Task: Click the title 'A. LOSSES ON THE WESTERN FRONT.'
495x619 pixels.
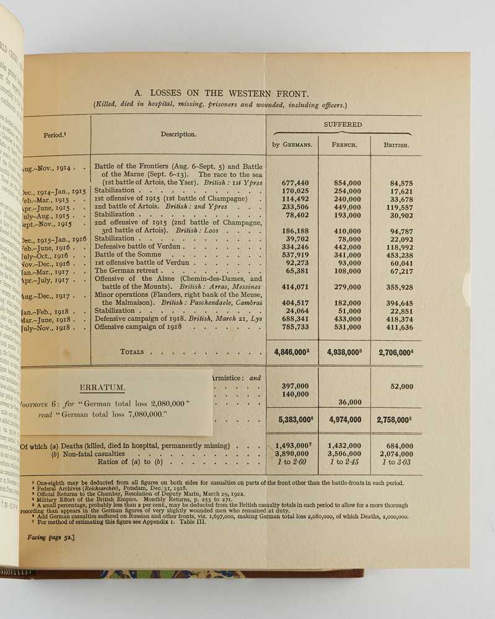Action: (x=221, y=94)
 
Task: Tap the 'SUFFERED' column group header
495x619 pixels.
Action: (x=342, y=125)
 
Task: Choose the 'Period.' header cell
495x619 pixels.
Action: (x=56, y=134)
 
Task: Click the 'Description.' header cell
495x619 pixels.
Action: (x=178, y=134)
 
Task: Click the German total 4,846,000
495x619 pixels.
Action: (x=292, y=352)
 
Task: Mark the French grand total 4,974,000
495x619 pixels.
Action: (x=344, y=419)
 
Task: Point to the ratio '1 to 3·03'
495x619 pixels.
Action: (x=396, y=462)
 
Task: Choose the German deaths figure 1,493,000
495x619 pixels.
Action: (x=292, y=445)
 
